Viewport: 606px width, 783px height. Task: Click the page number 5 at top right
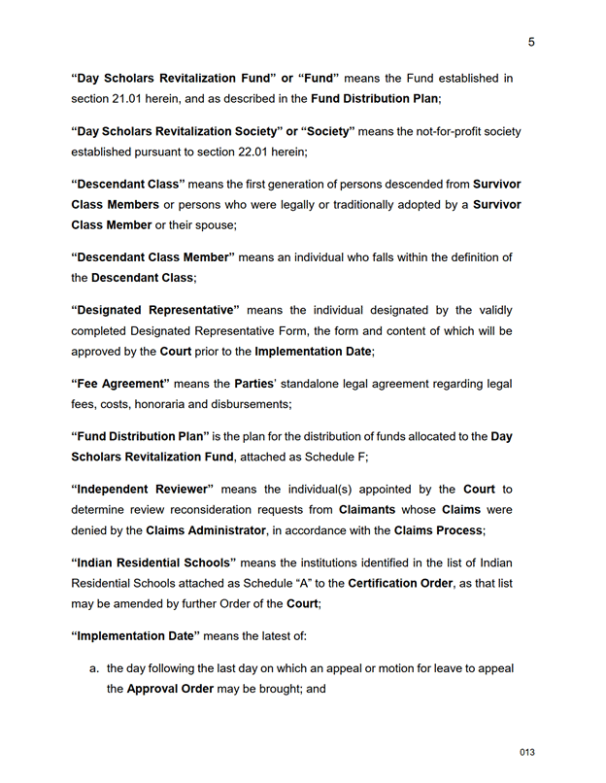[x=531, y=42]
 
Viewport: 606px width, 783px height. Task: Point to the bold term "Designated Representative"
[x=154, y=311]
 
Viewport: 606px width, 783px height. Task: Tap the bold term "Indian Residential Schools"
[x=153, y=562]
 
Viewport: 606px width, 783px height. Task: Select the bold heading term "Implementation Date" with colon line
[x=135, y=635]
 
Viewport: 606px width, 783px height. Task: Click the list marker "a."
[x=94, y=669]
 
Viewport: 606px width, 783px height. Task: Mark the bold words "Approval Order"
[x=172, y=690]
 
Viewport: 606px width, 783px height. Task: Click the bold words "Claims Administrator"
[x=206, y=530]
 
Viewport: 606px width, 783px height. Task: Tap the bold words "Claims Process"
[x=437, y=530]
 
